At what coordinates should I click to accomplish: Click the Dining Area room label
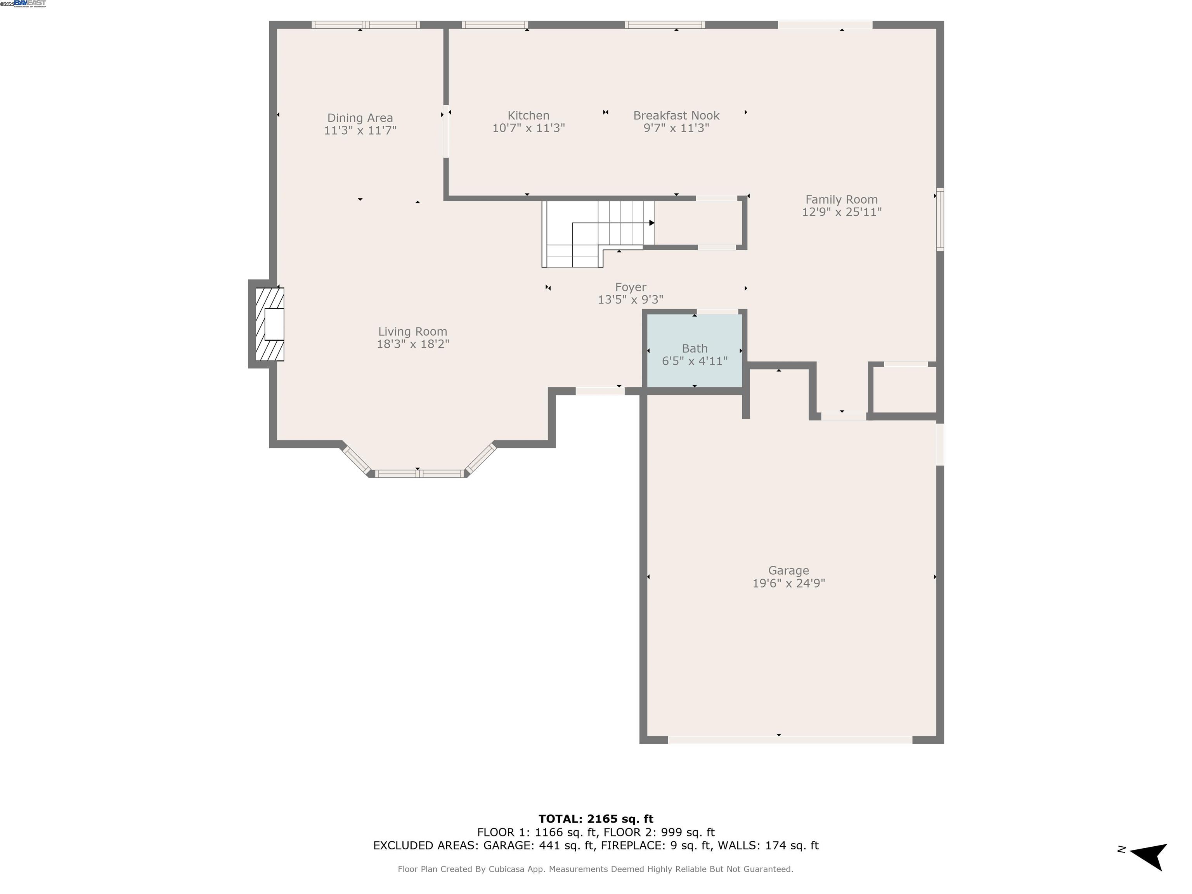(x=360, y=118)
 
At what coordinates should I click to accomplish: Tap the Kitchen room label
(x=528, y=115)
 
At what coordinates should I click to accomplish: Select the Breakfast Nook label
(x=676, y=115)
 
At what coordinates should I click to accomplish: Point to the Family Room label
(x=841, y=199)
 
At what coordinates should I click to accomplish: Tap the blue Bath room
(x=695, y=350)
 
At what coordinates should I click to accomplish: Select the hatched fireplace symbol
(x=269, y=324)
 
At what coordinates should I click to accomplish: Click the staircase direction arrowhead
(x=651, y=223)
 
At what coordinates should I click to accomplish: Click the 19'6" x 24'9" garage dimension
(x=788, y=583)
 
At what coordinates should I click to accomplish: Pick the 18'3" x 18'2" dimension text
(x=413, y=344)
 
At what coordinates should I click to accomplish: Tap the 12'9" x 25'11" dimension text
(x=841, y=212)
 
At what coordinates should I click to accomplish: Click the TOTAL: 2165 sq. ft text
(x=596, y=819)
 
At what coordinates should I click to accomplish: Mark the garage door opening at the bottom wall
(x=790, y=740)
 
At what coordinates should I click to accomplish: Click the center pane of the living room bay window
(x=419, y=474)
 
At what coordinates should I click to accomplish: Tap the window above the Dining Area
(x=366, y=25)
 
